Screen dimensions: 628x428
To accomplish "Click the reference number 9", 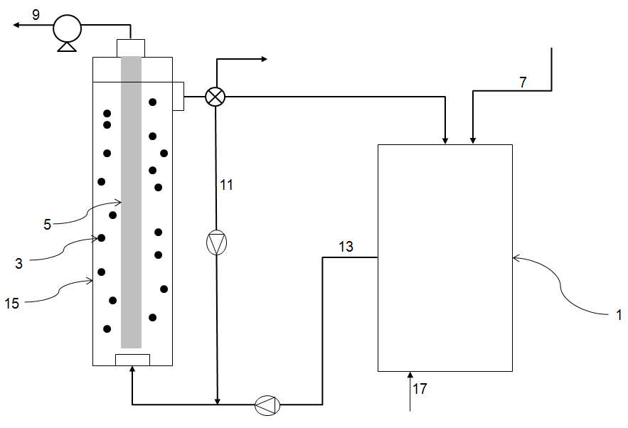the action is (x=36, y=15).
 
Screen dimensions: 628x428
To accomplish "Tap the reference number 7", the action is (x=523, y=82).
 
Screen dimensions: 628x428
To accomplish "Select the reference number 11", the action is (x=226, y=185).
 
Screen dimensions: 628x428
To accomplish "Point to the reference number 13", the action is (x=346, y=247).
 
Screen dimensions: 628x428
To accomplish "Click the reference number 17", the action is (x=420, y=388).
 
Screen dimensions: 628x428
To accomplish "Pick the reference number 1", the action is (x=619, y=315).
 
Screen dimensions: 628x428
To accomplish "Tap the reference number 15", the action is (x=12, y=303).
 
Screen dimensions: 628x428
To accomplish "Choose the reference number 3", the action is (x=18, y=264).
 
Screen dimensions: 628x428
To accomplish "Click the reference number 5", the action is (x=47, y=225).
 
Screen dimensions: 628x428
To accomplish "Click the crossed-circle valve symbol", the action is (x=215, y=97).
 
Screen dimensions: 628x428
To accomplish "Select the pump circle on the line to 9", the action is (x=68, y=28).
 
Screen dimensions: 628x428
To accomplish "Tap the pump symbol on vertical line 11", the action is (x=216, y=242).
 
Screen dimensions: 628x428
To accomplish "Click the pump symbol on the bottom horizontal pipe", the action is (x=267, y=405).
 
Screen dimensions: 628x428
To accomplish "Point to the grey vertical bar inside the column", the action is (x=132, y=202).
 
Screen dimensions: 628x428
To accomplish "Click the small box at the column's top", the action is (x=131, y=48).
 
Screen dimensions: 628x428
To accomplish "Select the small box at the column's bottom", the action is (x=132, y=360).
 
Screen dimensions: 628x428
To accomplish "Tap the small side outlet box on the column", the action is (x=179, y=96).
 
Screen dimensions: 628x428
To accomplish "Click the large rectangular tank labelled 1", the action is (x=445, y=258).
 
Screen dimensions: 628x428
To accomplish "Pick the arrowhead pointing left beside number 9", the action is (x=16, y=25).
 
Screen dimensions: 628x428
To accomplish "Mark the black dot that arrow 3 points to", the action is (x=101, y=238).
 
